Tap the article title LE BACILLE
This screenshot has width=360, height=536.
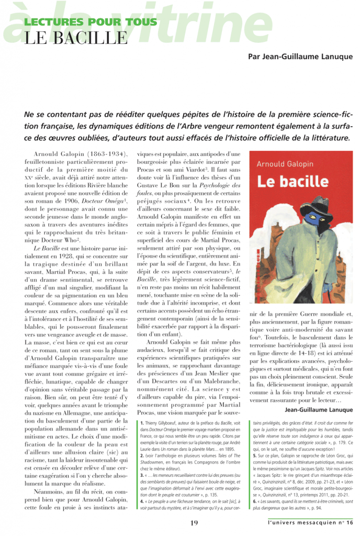click(x=75, y=38)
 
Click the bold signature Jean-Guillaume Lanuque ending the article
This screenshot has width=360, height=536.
click(x=319, y=410)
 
